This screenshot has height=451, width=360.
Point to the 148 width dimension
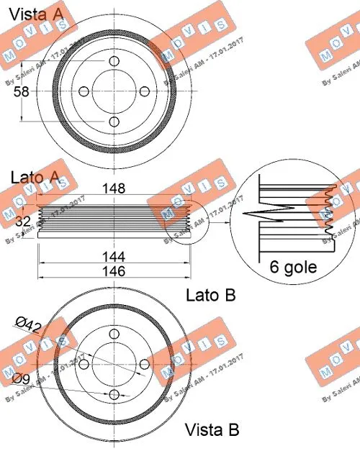(114, 188)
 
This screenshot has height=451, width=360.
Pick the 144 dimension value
(114, 255)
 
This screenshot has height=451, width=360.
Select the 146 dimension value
(114, 271)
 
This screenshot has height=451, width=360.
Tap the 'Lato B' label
(211, 295)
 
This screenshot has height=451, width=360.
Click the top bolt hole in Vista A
(114, 60)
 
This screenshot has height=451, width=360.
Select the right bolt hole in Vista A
(143, 91)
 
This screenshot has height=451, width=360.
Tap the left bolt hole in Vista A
(83, 91)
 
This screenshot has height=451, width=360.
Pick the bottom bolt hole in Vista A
(114, 122)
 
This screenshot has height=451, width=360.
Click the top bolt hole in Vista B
(113, 335)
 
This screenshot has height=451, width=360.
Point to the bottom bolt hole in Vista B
(113, 395)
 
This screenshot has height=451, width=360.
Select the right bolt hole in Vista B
(143, 365)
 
